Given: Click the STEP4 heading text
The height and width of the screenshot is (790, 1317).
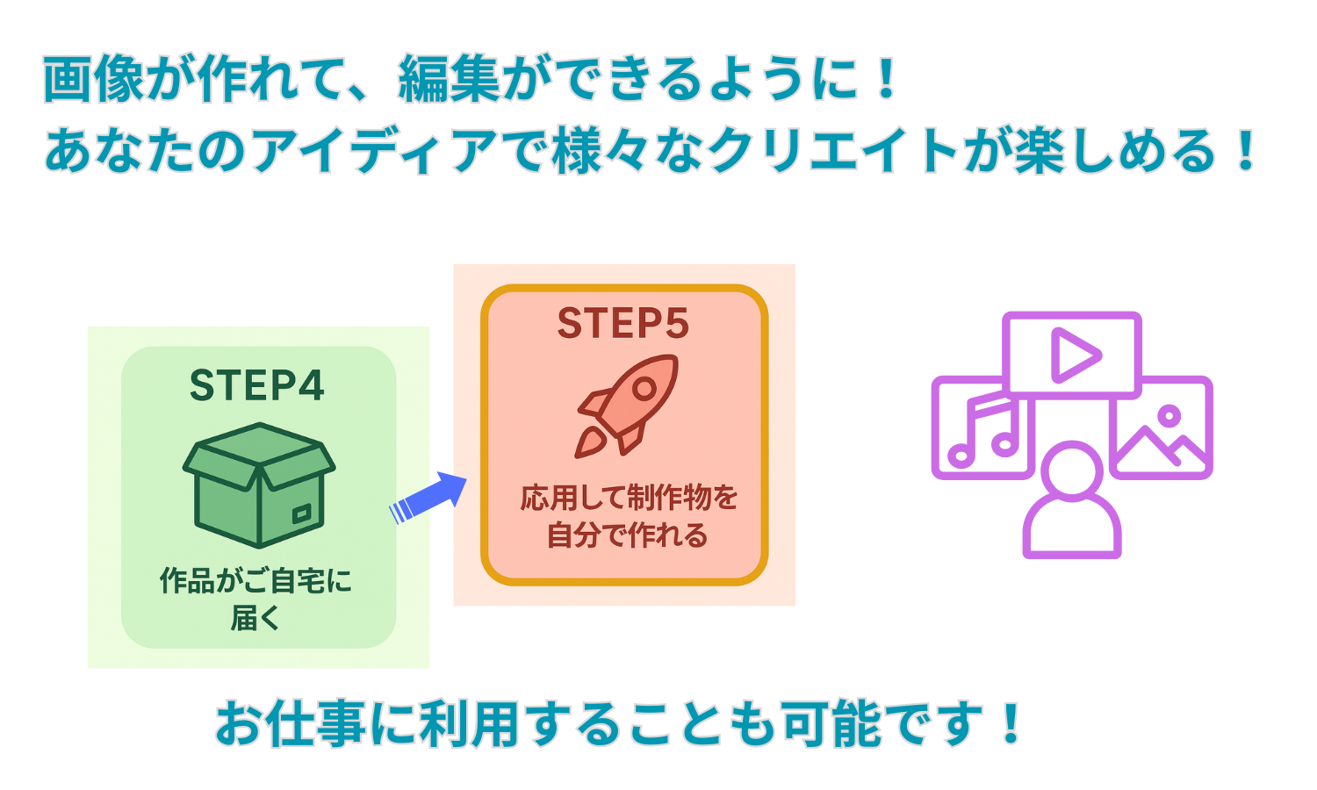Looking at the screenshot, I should [257, 385].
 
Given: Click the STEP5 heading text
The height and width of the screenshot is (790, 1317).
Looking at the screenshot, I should [623, 323].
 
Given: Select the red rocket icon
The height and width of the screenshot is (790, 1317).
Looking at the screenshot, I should [627, 405].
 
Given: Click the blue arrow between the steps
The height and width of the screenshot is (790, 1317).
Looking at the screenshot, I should [428, 498].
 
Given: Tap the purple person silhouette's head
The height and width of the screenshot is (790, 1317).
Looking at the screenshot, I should [1072, 470].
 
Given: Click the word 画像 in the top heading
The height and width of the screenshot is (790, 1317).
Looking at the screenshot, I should [93, 80].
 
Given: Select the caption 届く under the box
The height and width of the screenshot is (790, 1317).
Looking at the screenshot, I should [255, 618].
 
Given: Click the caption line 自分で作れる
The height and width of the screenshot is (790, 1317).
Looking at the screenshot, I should [627, 535].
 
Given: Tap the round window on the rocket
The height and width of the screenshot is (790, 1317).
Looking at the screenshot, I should [644, 387].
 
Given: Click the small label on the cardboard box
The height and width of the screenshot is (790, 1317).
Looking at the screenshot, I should [301, 512].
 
